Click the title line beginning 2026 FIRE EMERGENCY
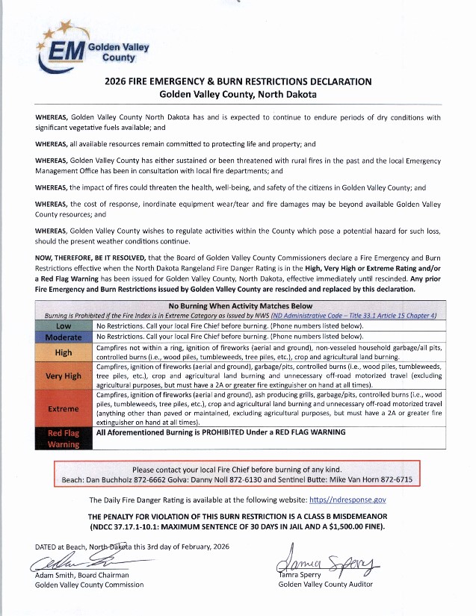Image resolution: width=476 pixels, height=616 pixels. point(238,82)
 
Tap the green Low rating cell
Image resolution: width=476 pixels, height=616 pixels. point(64,326)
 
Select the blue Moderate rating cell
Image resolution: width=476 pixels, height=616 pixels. point(64,337)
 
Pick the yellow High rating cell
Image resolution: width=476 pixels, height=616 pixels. point(64,352)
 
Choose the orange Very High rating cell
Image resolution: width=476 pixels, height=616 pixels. point(64,376)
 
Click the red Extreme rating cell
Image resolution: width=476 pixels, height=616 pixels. point(64,408)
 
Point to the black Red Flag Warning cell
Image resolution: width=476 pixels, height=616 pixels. point(64,438)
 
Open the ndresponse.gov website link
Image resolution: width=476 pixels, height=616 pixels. point(347,500)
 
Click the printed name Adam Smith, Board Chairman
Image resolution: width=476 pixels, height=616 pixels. point(81,574)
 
